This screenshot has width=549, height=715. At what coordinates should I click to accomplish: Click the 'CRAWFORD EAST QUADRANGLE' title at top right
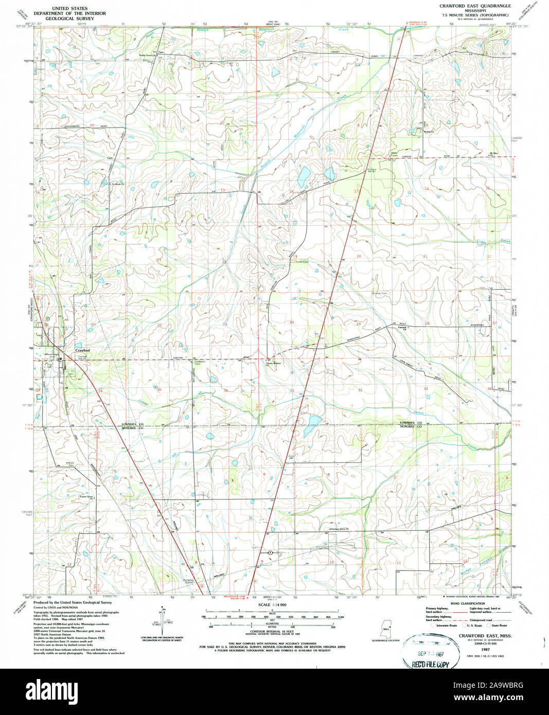(475, 5)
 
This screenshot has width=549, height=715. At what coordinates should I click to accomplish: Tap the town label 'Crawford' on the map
(82, 350)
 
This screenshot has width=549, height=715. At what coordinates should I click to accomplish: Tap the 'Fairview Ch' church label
(406, 328)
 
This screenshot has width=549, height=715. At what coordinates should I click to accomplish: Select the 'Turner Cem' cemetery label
(302, 262)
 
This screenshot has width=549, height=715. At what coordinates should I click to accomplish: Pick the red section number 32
(360, 390)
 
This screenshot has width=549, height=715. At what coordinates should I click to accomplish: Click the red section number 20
(359, 256)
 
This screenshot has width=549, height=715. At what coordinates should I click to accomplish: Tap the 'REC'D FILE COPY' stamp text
(430, 664)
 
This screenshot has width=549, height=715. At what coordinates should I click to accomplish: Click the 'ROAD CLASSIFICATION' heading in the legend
(467, 603)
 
